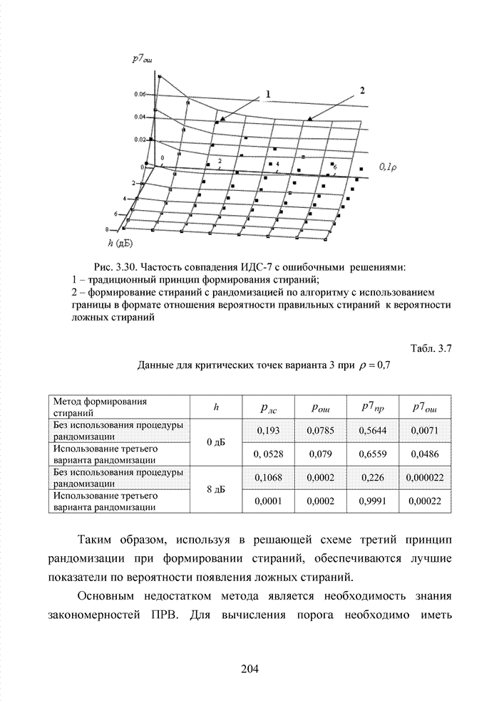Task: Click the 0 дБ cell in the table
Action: (x=215, y=442)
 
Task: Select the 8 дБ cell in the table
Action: (x=215, y=489)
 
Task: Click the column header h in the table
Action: (x=215, y=407)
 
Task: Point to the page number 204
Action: (x=249, y=669)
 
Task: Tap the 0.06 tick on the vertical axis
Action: (x=140, y=94)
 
